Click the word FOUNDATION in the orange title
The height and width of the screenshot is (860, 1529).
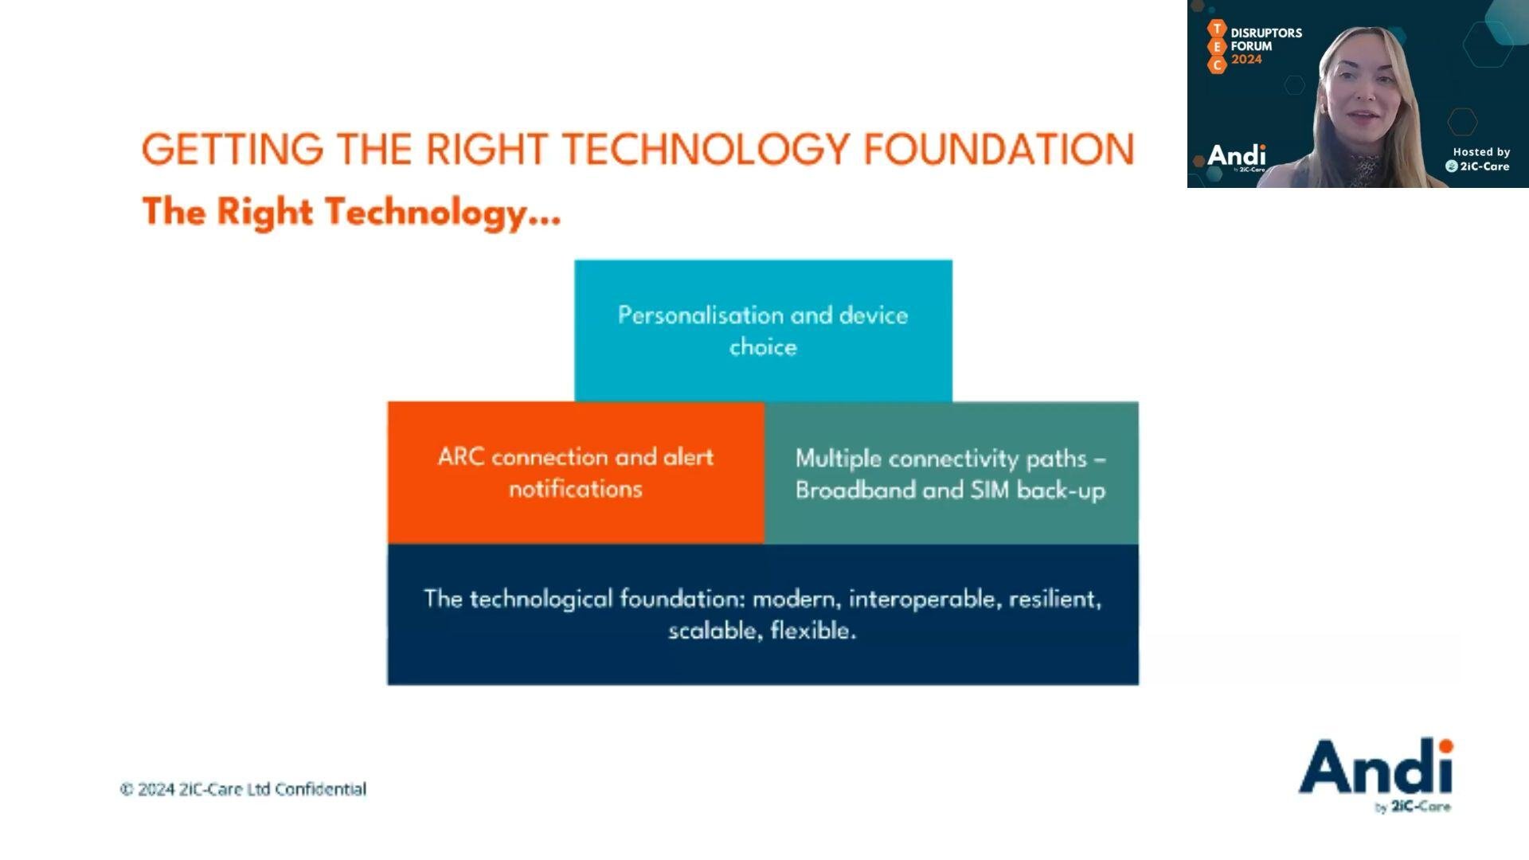[x=999, y=149]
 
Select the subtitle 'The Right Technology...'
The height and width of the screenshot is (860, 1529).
[x=351, y=213]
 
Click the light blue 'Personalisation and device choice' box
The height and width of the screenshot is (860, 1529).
[x=763, y=330]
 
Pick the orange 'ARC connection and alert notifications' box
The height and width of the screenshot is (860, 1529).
[x=576, y=473]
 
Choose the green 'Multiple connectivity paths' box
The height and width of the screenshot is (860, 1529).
[x=952, y=473]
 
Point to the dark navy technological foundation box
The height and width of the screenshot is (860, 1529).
[x=763, y=615]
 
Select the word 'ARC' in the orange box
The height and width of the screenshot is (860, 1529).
[x=461, y=457]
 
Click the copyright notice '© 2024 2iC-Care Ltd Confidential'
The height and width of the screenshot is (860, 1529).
[x=243, y=789]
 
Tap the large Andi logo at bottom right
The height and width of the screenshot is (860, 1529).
[x=1376, y=774]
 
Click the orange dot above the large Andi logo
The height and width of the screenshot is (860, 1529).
[x=1445, y=745]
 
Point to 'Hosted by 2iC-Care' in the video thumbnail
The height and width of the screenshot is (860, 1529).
[x=1479, y=159]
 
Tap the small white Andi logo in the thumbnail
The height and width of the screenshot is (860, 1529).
[x=1237, y=156]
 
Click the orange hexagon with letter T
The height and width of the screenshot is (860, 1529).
[x=1217, y=29]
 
